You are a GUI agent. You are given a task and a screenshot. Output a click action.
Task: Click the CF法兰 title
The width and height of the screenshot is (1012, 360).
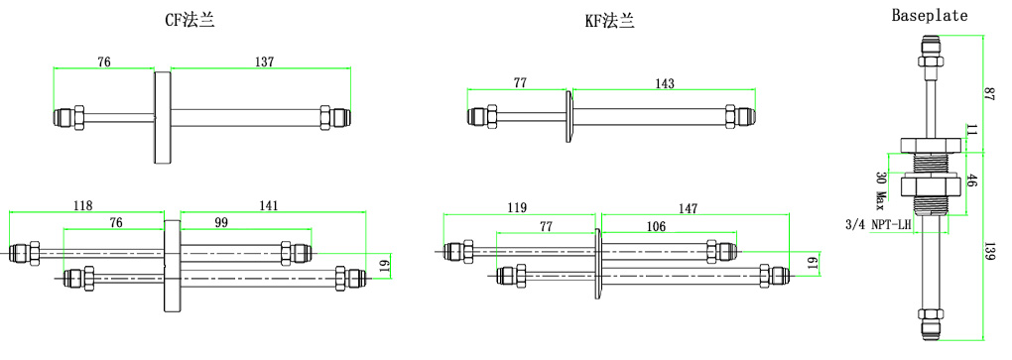click(189, 21)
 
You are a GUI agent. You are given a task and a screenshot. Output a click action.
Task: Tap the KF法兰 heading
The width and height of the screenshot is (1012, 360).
click(610, 21)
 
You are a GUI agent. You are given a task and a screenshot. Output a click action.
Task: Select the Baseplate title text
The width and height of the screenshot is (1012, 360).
click(930, 16)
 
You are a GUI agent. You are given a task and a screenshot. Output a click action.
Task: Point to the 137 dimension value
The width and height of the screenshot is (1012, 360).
click(265, 61)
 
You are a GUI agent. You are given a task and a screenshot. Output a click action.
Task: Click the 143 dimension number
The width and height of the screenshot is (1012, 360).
click(664, 83)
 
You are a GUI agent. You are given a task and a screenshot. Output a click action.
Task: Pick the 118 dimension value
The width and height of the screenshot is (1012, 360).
click(82, 206)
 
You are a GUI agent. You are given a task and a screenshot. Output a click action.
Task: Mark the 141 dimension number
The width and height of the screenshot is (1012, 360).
click(269, 206)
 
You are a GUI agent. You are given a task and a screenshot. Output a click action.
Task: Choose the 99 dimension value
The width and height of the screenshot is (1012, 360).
click(221, 222)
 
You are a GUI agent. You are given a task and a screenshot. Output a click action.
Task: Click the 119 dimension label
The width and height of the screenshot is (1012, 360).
click(517, 207)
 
